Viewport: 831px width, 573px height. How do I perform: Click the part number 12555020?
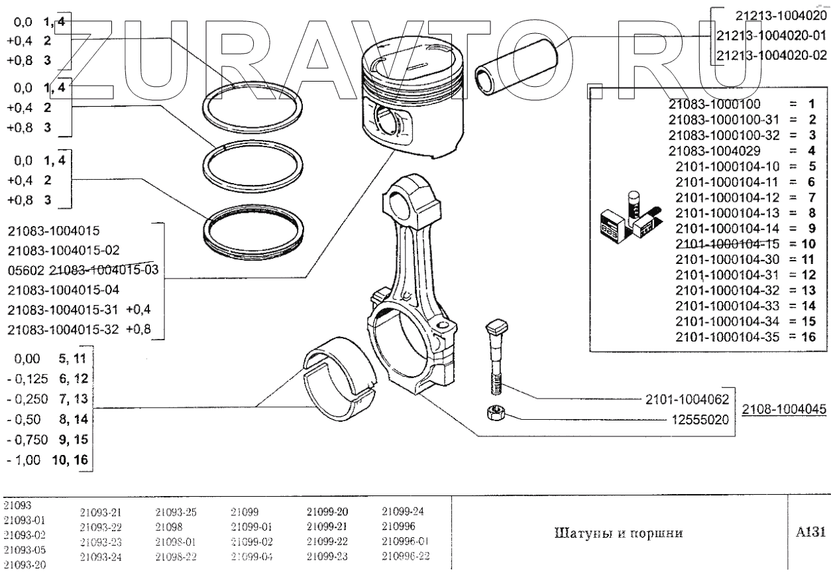(702, 419)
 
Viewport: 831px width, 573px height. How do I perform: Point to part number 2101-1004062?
(687, 399)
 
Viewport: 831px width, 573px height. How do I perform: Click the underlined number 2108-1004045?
(784, 409)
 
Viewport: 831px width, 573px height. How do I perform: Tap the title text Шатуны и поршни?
(616, 533)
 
